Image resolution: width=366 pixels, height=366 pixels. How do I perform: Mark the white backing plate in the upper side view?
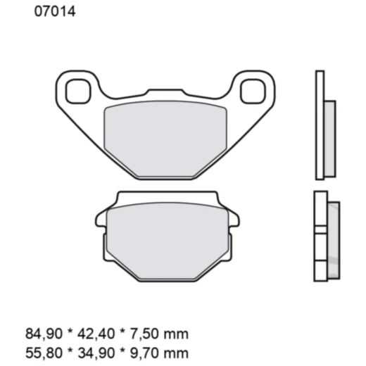(320, 125)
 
